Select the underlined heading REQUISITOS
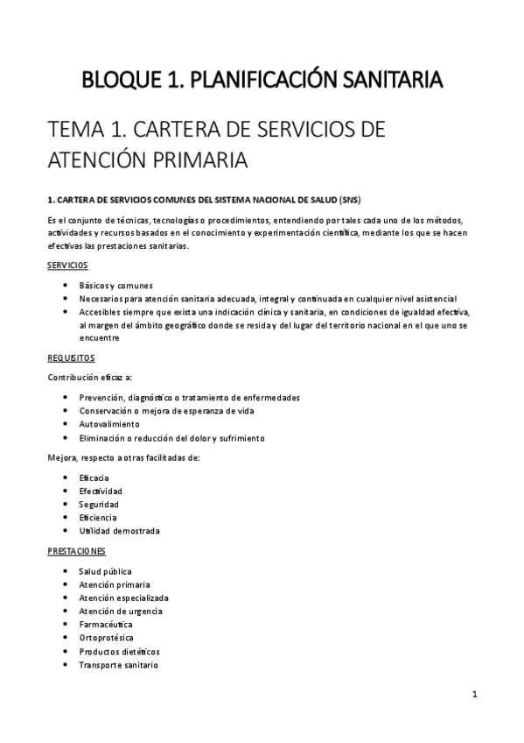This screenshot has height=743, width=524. (70, 358)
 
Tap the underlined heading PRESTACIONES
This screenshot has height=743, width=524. (75, 551)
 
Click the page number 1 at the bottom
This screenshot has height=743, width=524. (473, 695)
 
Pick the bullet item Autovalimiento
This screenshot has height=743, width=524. (108, 424)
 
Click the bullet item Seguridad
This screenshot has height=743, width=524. (98, 504)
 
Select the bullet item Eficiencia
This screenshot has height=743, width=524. (98, 517)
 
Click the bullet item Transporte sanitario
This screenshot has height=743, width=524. (118, 665)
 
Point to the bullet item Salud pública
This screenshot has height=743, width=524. (105, 571)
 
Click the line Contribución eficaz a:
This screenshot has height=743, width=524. (89, 378)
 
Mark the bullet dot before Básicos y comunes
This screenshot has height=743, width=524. (67, 286)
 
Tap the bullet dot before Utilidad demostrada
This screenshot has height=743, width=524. (67, 531)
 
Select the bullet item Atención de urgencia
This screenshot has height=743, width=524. (120, 611)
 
